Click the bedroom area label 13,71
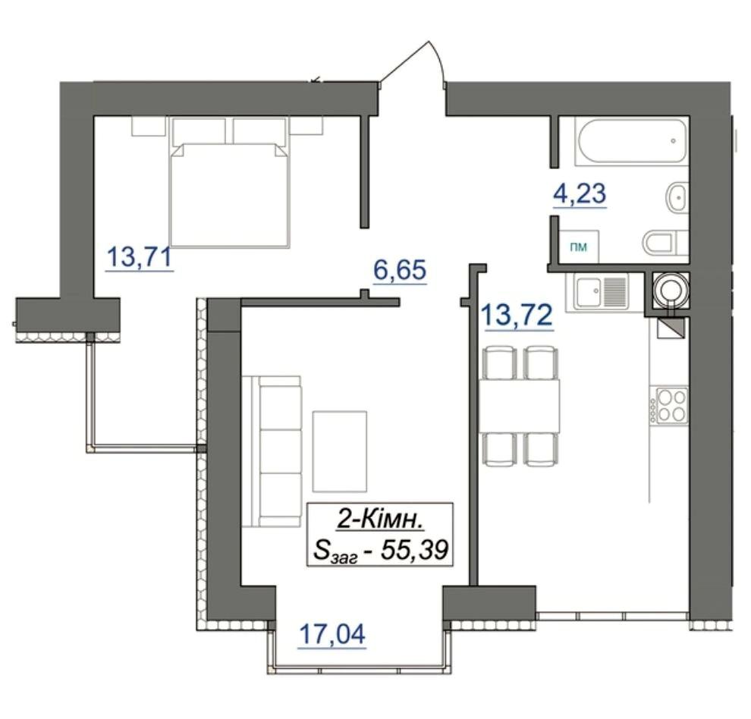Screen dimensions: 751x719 (x=140, y=256)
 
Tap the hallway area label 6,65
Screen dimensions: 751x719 (x=400, y=269)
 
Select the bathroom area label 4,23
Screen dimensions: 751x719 (x=580, y=194)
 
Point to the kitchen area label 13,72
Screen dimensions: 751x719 (x=517, y=316)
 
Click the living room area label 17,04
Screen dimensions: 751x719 (x=332, y=634)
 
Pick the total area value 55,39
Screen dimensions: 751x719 (x=414, y=550)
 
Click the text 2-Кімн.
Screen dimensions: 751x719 (x=380, y=520)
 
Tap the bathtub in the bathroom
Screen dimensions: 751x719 (x=633, y=142)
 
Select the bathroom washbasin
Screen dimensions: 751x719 (x=677, y=197)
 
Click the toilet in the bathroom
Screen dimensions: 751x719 (x=667, y=242)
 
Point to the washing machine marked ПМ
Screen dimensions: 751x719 (x=579, y=246)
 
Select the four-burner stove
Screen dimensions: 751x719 (x=671, y=405)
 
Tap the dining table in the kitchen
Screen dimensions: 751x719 (x=520, y=405)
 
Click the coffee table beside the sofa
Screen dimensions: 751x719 (x=340, y=451)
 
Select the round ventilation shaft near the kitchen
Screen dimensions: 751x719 (x=671, y=289)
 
